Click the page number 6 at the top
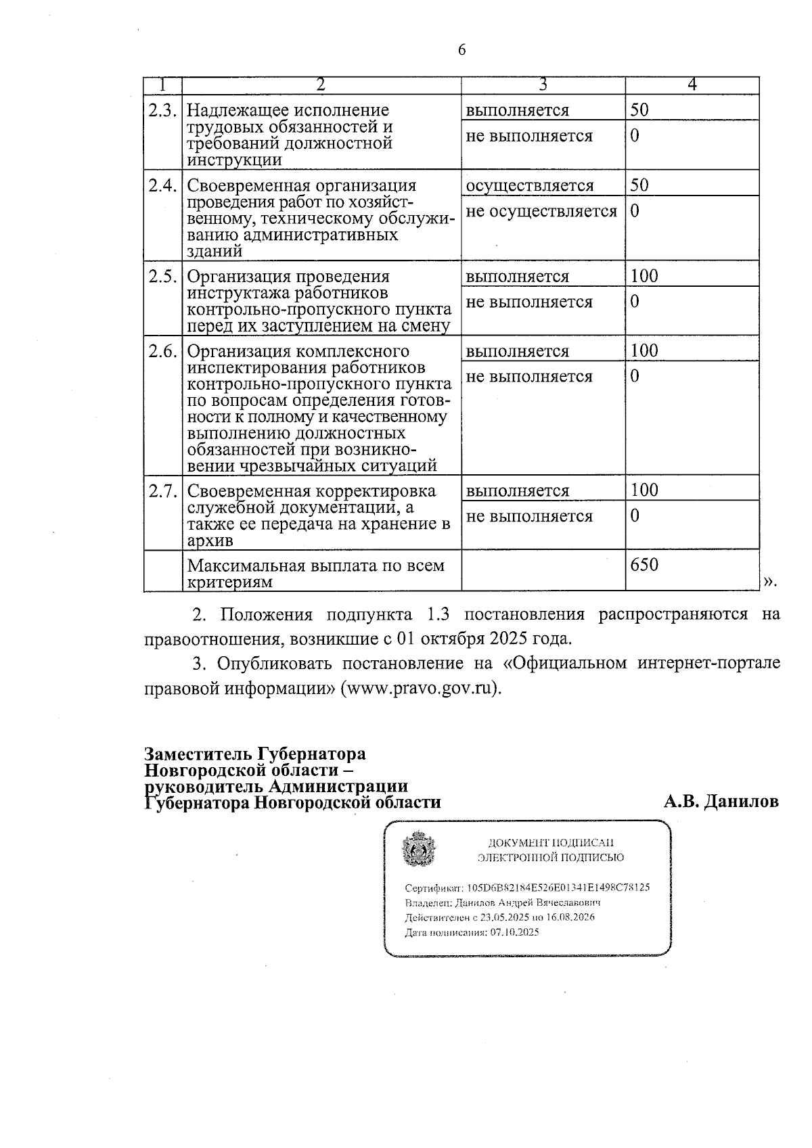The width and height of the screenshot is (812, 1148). click(x=462, y=50)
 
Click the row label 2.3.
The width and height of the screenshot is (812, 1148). click(x=162, y=110)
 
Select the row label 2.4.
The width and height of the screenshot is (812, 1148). click(x=162, y=185)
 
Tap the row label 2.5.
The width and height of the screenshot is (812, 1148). click(x=162, y=277)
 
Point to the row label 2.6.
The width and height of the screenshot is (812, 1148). click(x=162, y=351)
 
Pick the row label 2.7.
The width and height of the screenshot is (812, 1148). click(x=162, y=490)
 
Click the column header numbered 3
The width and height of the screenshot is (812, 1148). click(x=543, y=85)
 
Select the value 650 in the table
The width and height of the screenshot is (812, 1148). click(x=644, y=564)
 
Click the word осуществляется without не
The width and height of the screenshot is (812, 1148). click(x=529, y=185)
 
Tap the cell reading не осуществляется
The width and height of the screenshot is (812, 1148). click(x=541, y=212)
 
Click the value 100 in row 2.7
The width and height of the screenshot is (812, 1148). click(x=644, y=490)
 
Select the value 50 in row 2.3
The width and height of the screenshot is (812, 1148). click(x=639, y=110)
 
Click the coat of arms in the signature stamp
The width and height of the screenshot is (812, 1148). click(x=419, y=851)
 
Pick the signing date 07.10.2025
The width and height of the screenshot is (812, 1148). click(x=514, y=932)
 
